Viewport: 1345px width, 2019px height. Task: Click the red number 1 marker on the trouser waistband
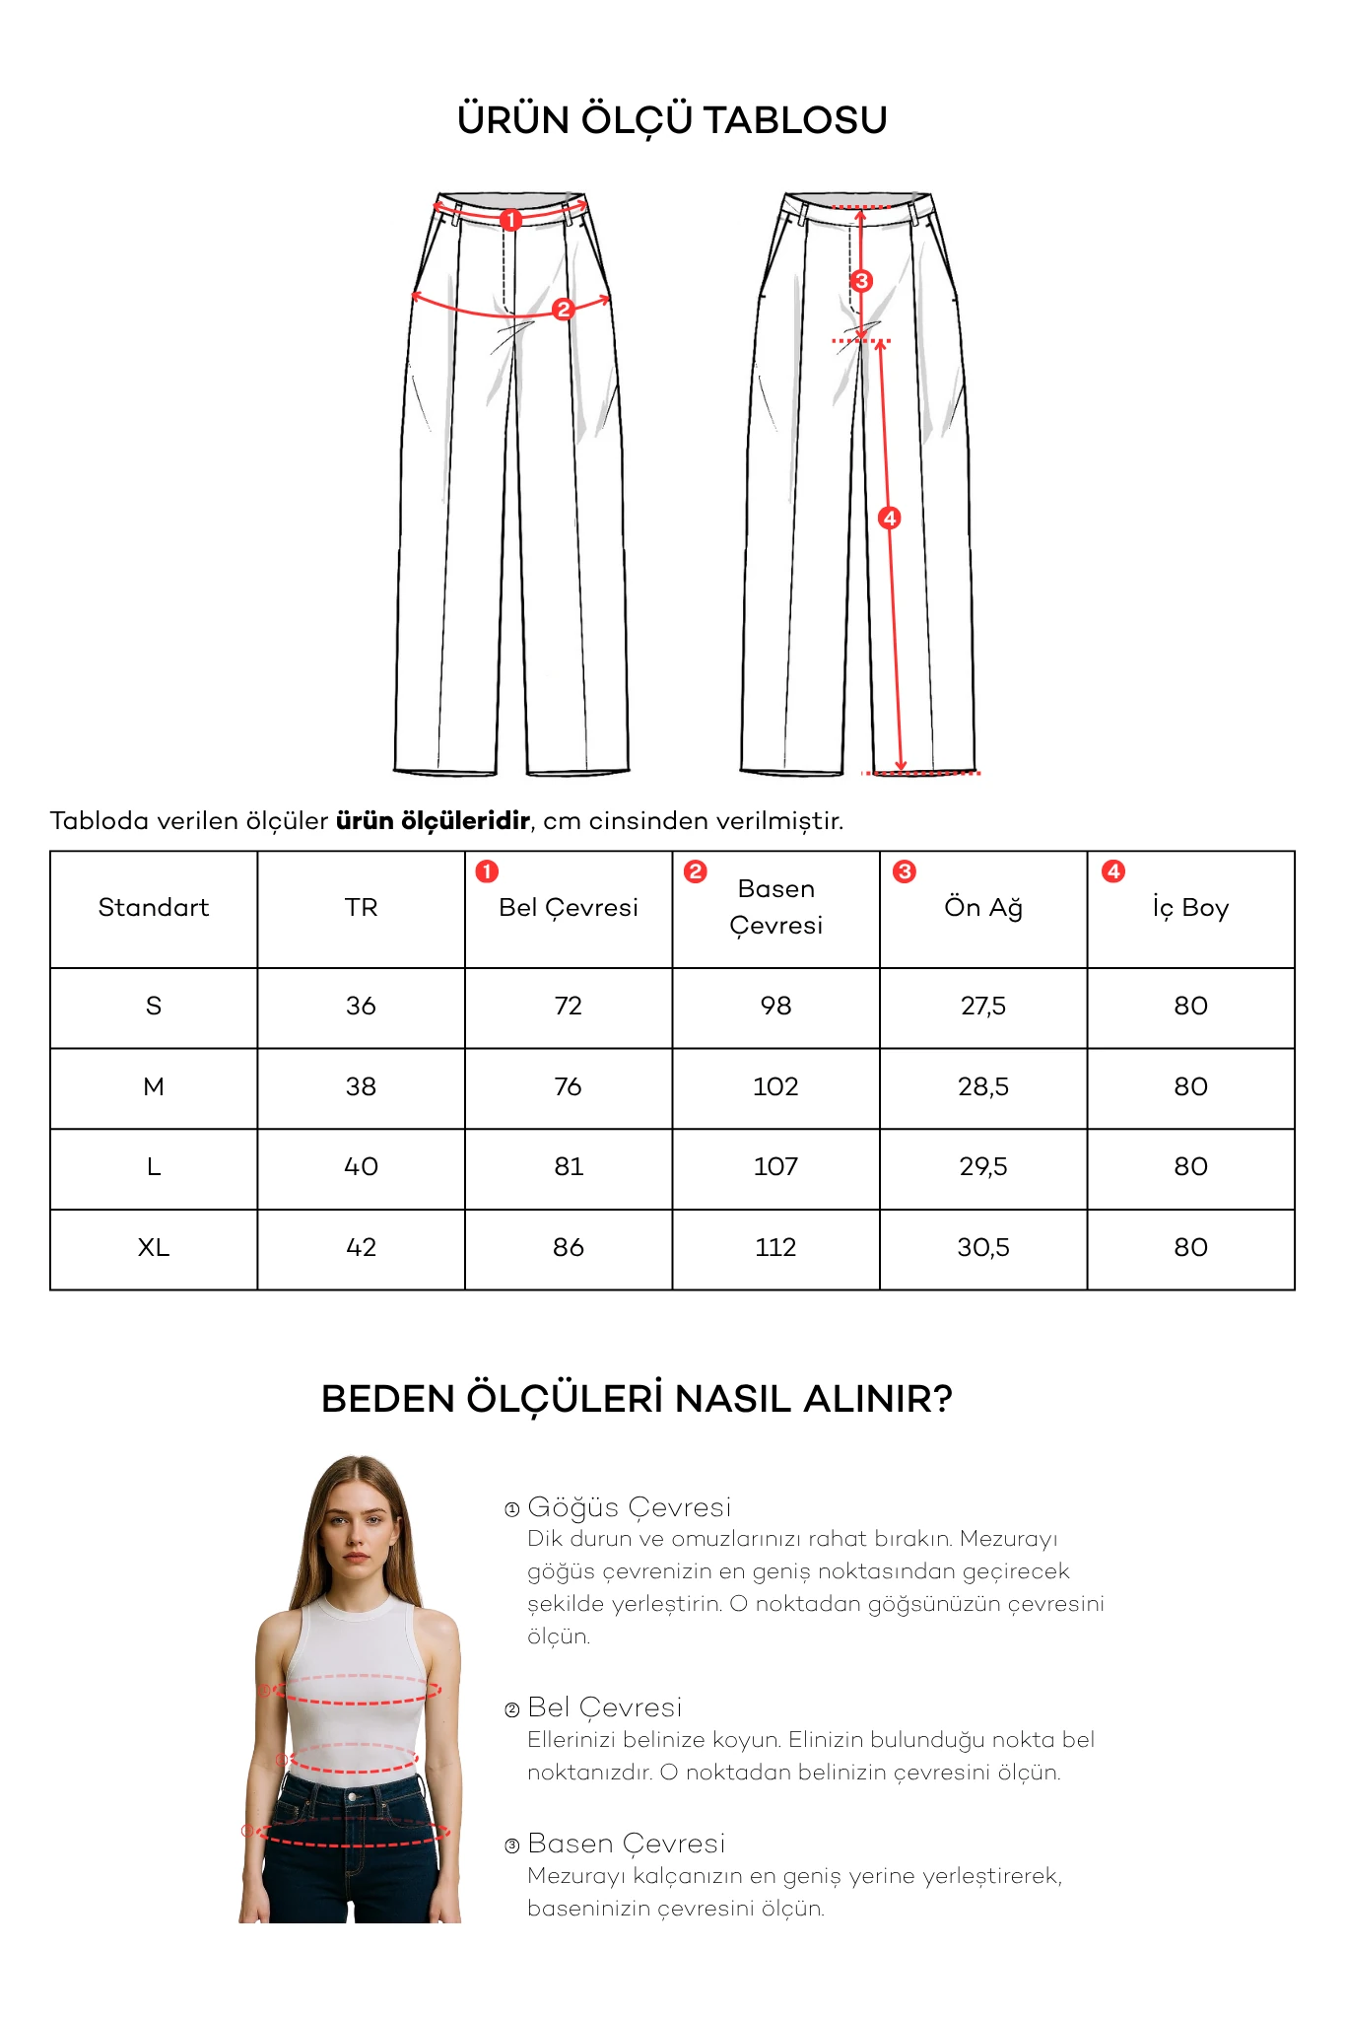pos(510,220)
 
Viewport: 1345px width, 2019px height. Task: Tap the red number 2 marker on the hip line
pos(564,310)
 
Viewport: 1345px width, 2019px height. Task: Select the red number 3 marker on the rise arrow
pos(861,281)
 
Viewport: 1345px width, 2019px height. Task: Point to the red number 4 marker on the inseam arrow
pos(890,518)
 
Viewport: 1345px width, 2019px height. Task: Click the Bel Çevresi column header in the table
pos(569,908)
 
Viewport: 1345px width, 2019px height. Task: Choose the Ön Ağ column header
pos(983,908)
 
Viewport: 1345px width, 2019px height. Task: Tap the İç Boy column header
pos(1190,908)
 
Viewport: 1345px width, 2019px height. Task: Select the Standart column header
pos(154,908)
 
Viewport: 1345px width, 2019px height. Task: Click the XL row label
pos(154,1248)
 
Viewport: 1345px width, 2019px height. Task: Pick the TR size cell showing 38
pos(361,1087)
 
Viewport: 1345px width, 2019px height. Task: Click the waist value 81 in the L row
pos(569,1167)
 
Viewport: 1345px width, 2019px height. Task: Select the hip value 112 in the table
pos(775,1248)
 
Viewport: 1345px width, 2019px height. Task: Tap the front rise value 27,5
pos(983,1007)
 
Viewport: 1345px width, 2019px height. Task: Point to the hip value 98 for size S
pos(775,1007)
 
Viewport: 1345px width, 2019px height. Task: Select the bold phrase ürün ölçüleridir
pos(433,821)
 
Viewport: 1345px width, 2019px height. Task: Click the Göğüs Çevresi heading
pos(630,1507)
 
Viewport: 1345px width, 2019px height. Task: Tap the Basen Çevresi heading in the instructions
pos(627,1844)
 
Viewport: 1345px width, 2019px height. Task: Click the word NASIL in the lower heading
pos(733,1399)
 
